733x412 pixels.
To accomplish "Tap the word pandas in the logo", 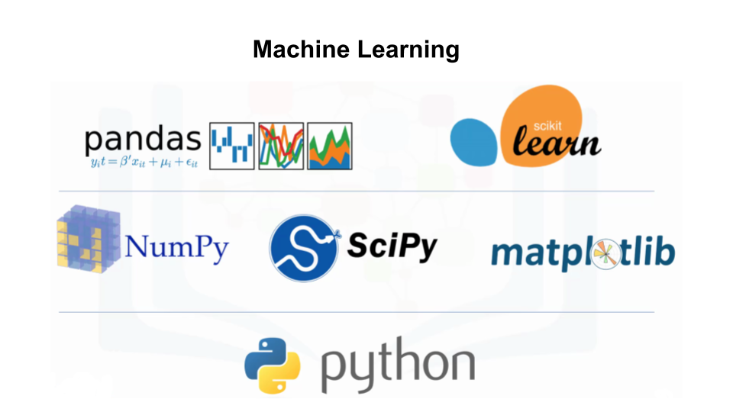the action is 143,140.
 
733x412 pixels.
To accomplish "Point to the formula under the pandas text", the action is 143,162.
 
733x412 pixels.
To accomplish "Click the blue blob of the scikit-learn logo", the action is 474,142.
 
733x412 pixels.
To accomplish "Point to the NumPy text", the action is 176,247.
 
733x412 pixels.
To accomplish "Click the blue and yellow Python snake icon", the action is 273,364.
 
